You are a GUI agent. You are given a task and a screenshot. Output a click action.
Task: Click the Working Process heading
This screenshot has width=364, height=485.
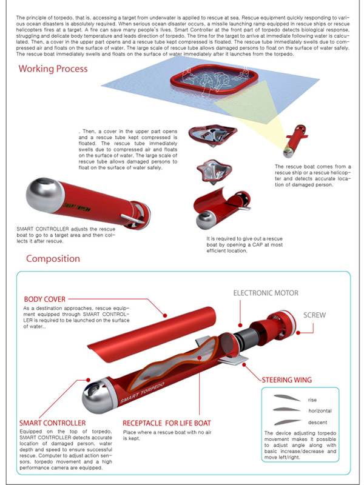pyautogui.click(x=53, y=69)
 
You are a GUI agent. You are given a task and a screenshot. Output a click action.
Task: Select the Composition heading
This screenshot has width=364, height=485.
pyautogui.click(x=53, y=259)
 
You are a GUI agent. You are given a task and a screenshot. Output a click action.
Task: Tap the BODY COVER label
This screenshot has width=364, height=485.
pyautogui.click(x=44, y=299)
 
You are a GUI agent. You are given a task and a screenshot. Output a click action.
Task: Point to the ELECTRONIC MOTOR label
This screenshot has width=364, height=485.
pyautogui.click(x=266, y=293)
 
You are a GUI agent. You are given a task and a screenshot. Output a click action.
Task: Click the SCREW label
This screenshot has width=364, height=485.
pyautogui.click(x=314, y=315)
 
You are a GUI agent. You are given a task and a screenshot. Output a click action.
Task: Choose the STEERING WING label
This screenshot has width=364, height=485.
pyautogui.click(x=286, y=380)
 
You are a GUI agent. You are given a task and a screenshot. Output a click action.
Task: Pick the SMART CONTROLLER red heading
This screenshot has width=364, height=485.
pyautogui.click(x=52, y=423)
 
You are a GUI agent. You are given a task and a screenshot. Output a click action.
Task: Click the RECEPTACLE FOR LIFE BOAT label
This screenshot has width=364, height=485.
pyautogui.click(x=166, y=423)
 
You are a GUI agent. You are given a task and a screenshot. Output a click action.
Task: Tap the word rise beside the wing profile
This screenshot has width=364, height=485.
pyautogui.click(x=312, y=400)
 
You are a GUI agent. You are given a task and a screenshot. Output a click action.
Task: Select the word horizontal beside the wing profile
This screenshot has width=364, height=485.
pyautogui.click(x=320, y=411)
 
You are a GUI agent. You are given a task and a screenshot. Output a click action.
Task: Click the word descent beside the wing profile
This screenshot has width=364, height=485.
pyautogui.click(x=317, y=422)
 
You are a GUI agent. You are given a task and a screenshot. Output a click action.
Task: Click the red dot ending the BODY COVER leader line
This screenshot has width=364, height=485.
pyautogui.click(x=165, y=315)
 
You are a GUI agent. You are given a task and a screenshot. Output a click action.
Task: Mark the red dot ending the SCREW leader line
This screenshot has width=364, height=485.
pyautogui.click(x=298, y=333)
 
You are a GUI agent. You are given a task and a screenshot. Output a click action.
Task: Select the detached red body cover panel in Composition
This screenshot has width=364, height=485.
pyautogui.click(x=152, y=335)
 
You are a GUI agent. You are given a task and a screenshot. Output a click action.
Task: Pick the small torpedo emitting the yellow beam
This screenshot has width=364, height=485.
pyautogui.click(x=295, y=141)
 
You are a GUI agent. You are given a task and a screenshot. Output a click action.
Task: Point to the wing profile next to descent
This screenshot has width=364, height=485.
pyautogui.click(x=287, y=422)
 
